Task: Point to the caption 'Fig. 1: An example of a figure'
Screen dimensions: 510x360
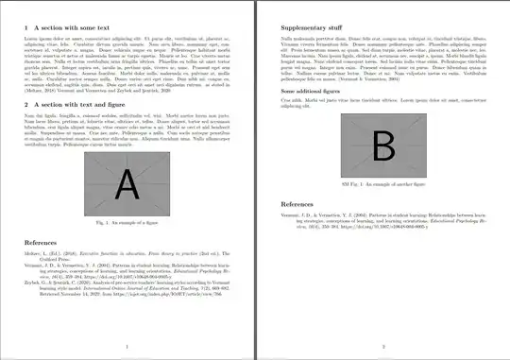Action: coord(127,220)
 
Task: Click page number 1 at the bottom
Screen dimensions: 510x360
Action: coord(127,347)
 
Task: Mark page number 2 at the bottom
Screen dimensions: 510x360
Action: coord(383,347)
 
